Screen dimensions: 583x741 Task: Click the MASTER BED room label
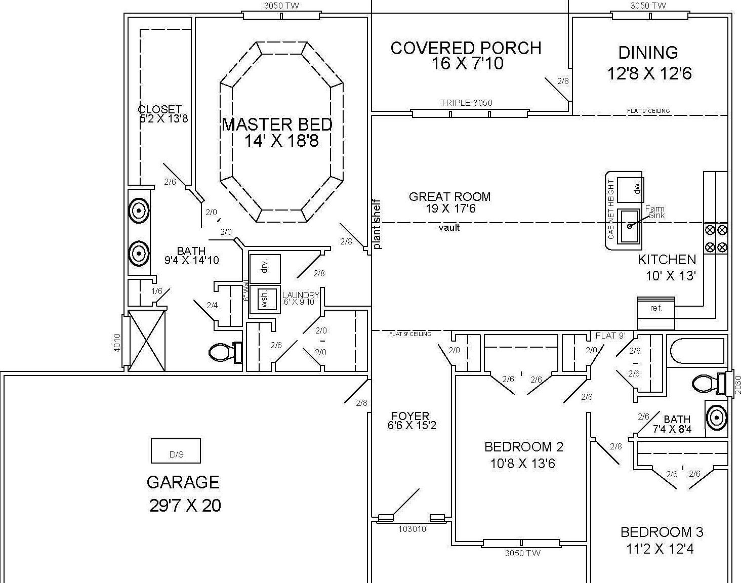(277, 124)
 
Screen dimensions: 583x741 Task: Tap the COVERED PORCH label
(466, 48)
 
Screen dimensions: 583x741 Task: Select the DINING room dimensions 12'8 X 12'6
(649, 74)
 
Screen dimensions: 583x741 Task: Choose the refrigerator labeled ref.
(655, 308)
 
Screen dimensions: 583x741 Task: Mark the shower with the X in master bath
(146, 341)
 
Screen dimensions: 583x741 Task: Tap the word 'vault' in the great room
(449, 228)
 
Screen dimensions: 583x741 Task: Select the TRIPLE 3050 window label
(466, 103)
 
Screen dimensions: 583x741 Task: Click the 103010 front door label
(412, 529)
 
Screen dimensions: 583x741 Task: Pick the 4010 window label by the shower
(117, 343)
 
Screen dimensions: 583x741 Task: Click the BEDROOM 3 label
(662, 532)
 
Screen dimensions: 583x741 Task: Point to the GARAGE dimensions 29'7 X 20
(185, 506)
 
